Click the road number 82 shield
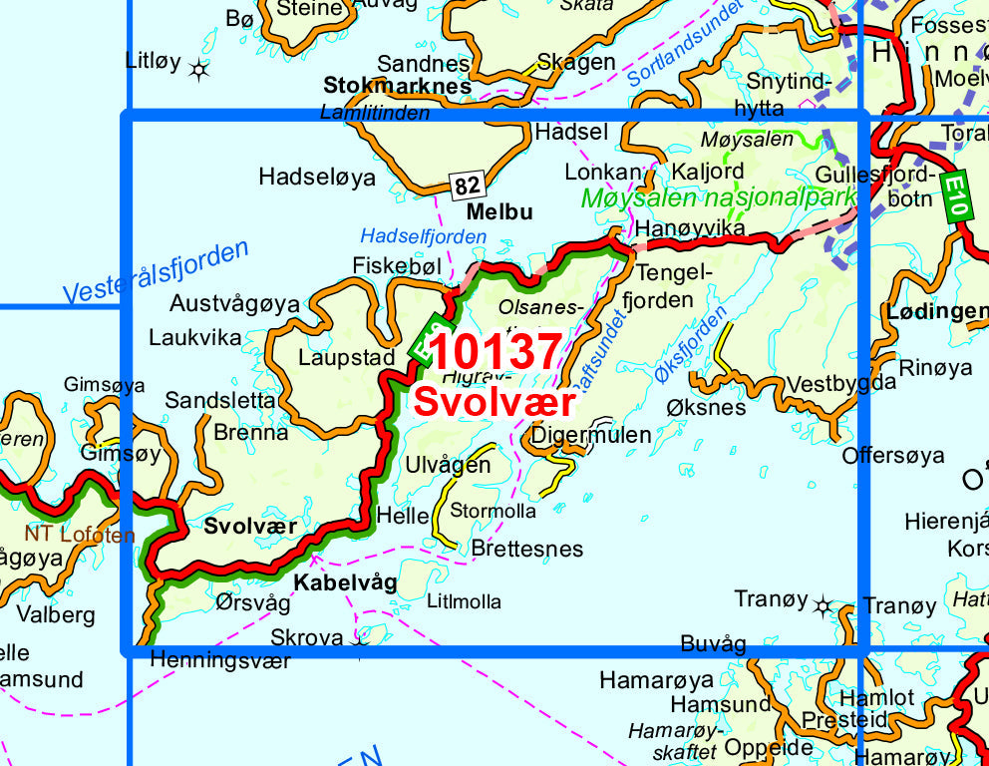467,185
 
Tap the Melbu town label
499,211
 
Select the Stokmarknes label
397,86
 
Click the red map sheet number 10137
497,352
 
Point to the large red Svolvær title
494,402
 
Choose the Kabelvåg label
345,582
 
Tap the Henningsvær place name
219,660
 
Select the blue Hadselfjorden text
424,236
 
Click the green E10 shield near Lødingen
955,195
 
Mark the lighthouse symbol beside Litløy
199,69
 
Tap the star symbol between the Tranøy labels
824,604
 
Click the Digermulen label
591,435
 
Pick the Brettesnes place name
527,549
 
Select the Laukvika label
195,337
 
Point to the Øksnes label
706,408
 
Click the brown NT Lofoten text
80,535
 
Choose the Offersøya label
893,456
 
